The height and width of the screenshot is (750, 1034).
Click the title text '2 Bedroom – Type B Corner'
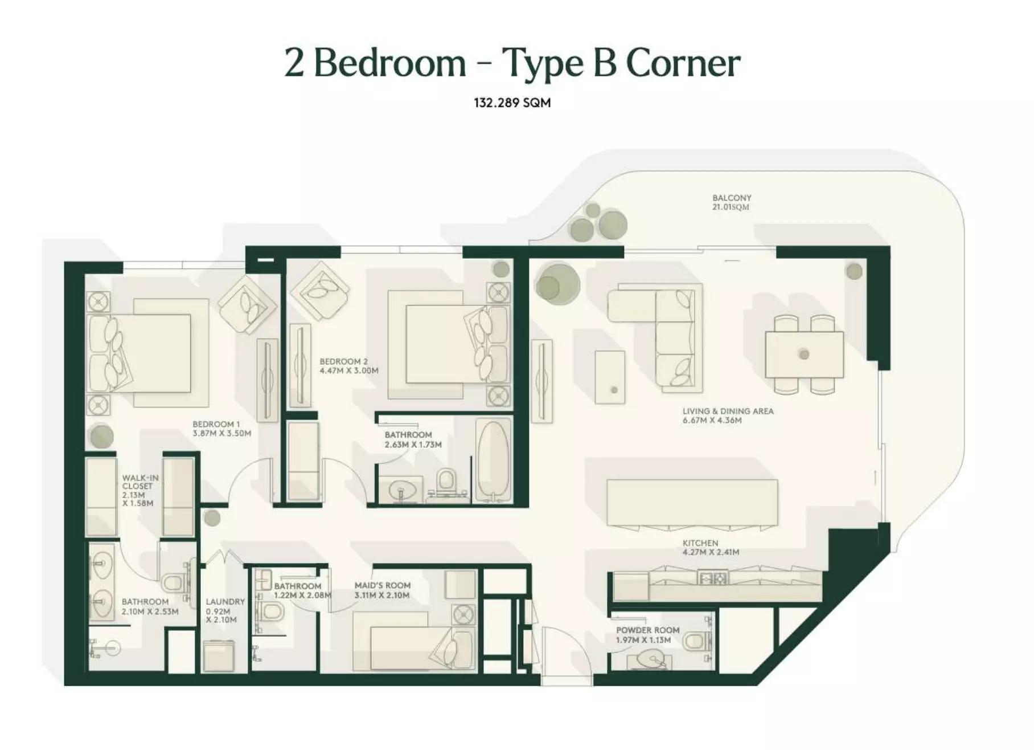click(512, 63)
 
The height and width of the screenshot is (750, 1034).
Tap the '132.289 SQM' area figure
click(512, 103)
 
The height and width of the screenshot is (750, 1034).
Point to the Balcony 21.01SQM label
click(732, 202)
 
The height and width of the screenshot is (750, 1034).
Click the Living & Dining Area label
click(728, 415)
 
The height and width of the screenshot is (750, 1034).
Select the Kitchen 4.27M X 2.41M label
click(711, 548)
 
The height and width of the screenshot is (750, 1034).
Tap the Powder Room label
click(647, 635)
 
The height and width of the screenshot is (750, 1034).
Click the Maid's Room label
click(382, 590)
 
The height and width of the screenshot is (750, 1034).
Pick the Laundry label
click(225, 610)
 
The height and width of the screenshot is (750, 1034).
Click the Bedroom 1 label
click(221, 429)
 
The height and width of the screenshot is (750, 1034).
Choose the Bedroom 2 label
click(349, 366)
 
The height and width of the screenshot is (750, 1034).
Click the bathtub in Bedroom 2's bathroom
click(493, 459)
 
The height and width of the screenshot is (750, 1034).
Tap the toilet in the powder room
click(695, 641)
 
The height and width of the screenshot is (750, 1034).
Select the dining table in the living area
click(804, 354)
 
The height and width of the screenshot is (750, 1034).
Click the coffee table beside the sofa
click(610, 377)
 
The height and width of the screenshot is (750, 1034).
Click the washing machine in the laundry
click(219, 657)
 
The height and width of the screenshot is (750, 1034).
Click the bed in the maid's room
click(413, 641)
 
